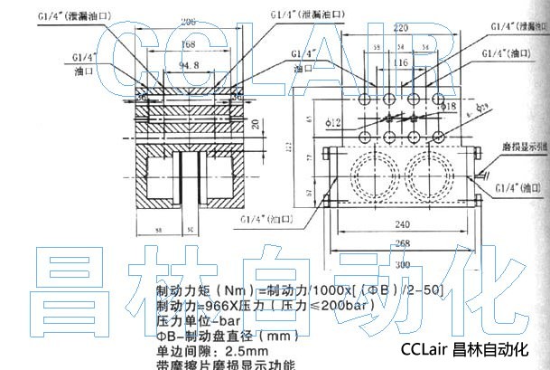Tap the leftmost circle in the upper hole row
[x=366, y=100]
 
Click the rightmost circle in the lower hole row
[x=435, y=137]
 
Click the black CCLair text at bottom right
[x=423, y=348]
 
